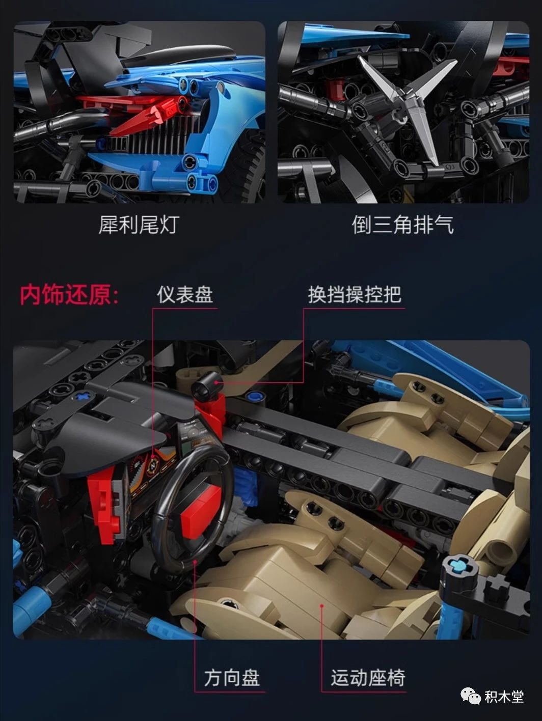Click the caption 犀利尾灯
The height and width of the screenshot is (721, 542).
click(x=139, y=225)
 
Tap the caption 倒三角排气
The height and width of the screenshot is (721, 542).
click(x=403, y=225)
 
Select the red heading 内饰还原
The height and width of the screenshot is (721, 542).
click(x=69, y=295)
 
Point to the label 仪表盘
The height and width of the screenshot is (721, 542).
click(x=185, y=294)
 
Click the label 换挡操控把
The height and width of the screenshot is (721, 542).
click(x=355, y=294)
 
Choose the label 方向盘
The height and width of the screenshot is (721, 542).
click(x=232, y=678)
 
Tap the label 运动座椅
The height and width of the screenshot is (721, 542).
click(x=368, y=678)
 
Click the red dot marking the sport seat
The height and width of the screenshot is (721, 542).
click(x=322, y=605)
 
